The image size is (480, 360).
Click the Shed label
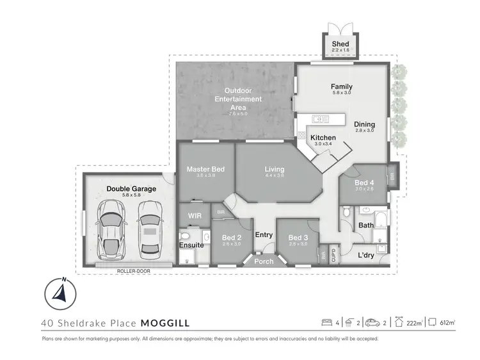(x=340, y=44)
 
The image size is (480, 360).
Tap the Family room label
(x=341, y=86)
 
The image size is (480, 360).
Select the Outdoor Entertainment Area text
(x=238, y=99)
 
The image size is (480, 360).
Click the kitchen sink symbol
(x=319, y=119)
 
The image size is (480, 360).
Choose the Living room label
(x=275, y=170)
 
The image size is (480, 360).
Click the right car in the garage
(x=148, y=229)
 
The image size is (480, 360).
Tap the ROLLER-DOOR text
(x=134, y=270)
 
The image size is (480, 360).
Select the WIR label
(x=195, y=216)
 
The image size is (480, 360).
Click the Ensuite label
(x=192, y=245)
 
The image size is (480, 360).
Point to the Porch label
(x=264, y=261)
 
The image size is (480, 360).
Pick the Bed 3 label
(x=298, y=237)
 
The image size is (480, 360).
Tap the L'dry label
(x=366, y=255)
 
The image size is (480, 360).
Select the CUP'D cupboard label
(x=332, y=254)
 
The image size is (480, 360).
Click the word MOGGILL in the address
(x=164, y=323)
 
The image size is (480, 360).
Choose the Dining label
(x=364, y=124)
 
